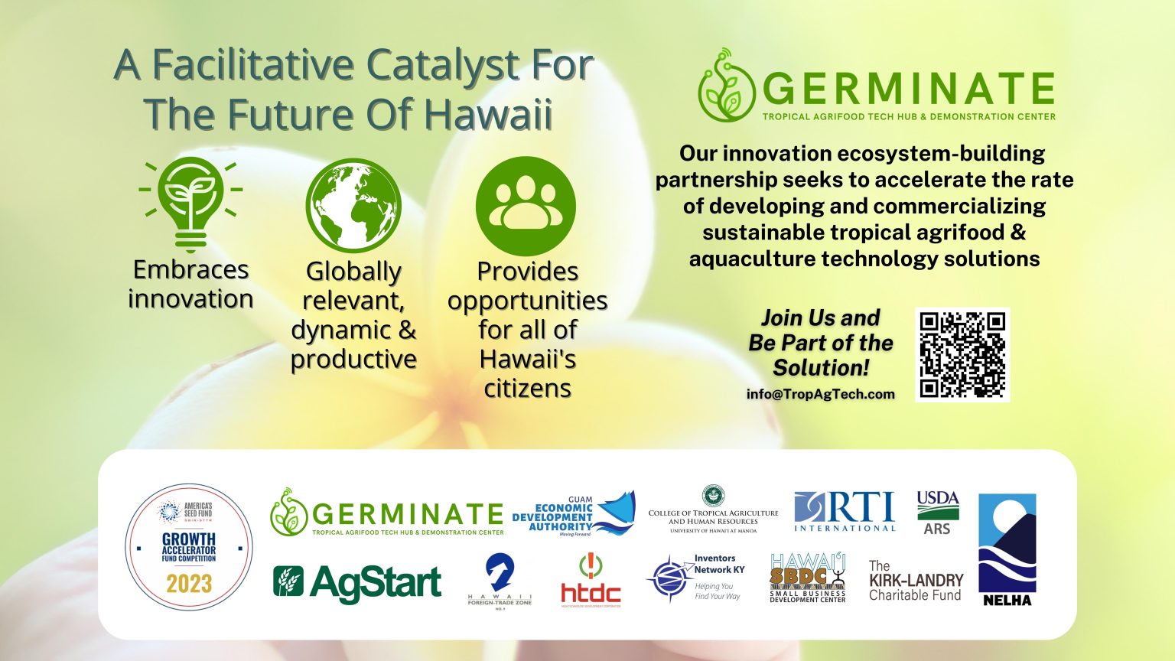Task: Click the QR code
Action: (962, 354)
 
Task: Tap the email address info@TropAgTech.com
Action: (820, 394)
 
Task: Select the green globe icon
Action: (353, 206)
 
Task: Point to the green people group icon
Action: (525, 206)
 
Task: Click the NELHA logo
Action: (1007, 549)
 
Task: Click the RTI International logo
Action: (844, 512)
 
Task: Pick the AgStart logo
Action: (357, 583)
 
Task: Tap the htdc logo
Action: (591, 581)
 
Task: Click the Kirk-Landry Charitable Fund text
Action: (916, 581)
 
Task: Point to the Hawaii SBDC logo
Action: (807, 578)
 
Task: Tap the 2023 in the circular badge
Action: (189, 584)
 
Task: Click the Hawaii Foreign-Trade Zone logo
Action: (500, 580)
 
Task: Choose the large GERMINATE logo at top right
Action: (877, 86)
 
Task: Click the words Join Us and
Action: (820, 318)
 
